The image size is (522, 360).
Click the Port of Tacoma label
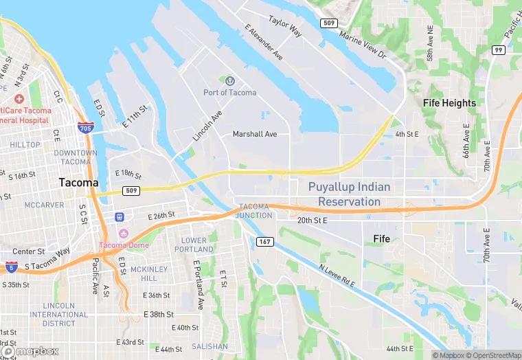(x=229, y=93)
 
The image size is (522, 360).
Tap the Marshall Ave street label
(x=255, y=134)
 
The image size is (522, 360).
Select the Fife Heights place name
(x=449, y=103)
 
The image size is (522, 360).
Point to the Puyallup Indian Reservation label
(x=349, y=194)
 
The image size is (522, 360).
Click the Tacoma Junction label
(x=254, y=210)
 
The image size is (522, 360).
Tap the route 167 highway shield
(x=264, y=242)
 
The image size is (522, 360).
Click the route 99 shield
(x=499, y=50)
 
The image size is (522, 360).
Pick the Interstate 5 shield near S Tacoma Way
(x=11, y=266)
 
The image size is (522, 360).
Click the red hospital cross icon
(x=19, y=99)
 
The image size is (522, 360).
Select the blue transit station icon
(x=120, y=217)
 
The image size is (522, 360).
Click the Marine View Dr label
(x=363, y=45)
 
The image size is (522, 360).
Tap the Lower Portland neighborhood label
(x=194, y=245)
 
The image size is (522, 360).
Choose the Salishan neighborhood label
(x=209, y=346)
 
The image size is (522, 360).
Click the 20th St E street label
(x=313, y=221)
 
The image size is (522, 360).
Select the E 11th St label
(x=135, y=115)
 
